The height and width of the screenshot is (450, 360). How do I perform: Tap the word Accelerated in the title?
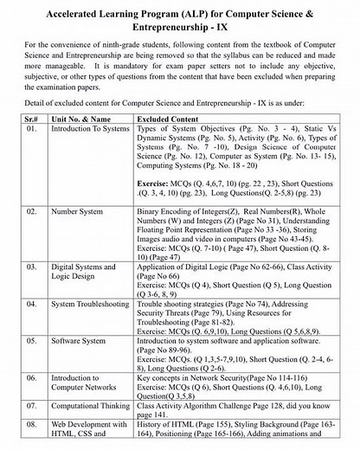[x=69, y=14]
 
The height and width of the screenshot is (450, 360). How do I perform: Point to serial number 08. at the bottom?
[x=32, y=426]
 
